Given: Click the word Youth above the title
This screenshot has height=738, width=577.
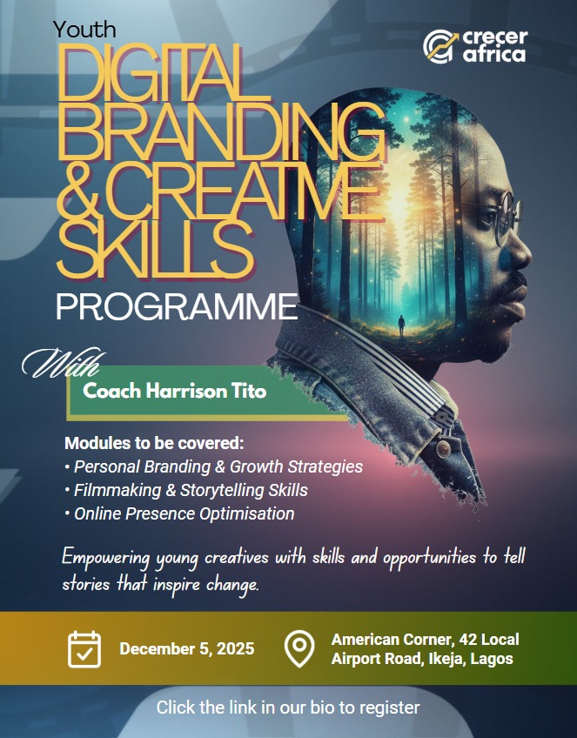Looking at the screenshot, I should point(84,29).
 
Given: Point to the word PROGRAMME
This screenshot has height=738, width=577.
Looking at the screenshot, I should point(176,306).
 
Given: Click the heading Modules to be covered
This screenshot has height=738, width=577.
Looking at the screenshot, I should point(154,442).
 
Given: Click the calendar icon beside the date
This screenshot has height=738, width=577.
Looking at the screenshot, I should point(84,648).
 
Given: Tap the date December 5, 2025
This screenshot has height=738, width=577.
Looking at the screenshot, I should point(187,648).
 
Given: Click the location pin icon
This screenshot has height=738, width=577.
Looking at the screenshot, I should point(299,648).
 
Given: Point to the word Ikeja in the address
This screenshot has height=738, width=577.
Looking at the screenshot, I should point(444,659).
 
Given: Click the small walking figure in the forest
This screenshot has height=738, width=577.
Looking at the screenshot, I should point(401,326).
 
